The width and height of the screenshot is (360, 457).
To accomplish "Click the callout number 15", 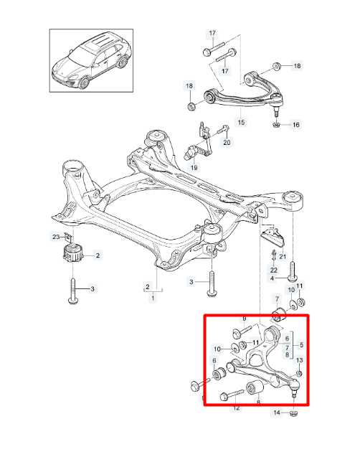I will [x=241, y=123].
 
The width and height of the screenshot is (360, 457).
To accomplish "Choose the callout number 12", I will [x=236, y=408].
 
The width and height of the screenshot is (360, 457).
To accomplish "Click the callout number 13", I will [x=300, y=359].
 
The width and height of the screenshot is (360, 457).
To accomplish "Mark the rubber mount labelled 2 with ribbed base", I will [x=72, y=254].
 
